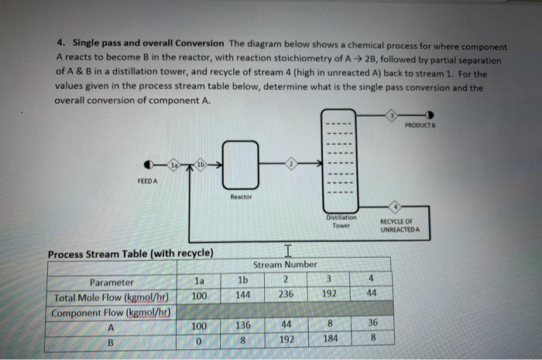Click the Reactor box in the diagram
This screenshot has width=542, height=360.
coord(240,164)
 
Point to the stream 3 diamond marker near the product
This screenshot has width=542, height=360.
coord(393,115)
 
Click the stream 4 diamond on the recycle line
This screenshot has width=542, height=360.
coord(395,207)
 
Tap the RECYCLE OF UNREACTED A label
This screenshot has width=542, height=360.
coord(400,225)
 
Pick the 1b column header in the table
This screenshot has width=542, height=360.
coord(242,279)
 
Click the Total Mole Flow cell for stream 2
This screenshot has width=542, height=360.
coord(285,295)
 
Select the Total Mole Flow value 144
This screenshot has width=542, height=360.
coord(242,295)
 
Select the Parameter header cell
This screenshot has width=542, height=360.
coord(111,282)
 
